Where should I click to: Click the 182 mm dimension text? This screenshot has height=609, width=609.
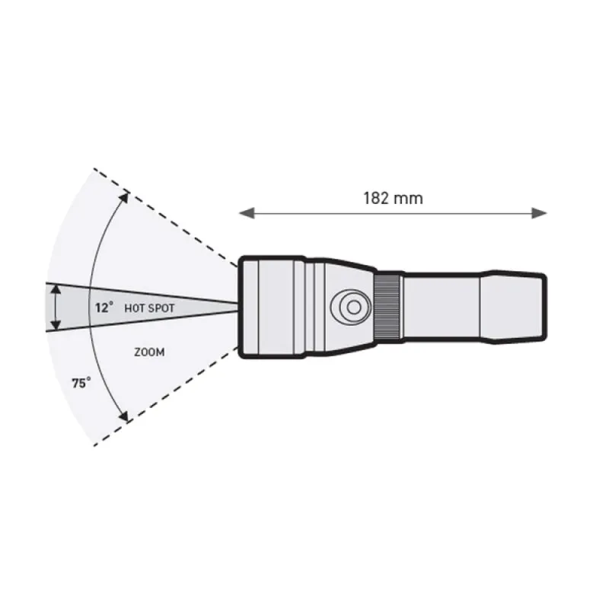point(393,199)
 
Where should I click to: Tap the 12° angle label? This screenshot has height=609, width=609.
point(104,308)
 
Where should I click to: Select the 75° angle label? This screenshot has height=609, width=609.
point(81,383)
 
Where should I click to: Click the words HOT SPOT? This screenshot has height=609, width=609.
point(149,308)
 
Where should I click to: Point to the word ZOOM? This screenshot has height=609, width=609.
point(149,352)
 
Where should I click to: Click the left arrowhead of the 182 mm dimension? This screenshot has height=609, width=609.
point(246,213)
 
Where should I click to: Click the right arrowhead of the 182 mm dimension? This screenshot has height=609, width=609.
point(540,213)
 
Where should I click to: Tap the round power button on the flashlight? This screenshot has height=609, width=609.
point(351,307)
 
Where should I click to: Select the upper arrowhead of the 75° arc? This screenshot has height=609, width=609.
point(124,197)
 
